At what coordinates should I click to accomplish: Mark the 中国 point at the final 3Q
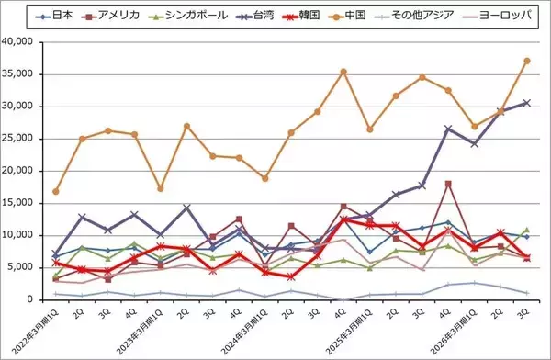(527, 61)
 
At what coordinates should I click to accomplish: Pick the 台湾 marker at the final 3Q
(527, 103)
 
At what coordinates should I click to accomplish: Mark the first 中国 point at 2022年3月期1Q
(56, 191)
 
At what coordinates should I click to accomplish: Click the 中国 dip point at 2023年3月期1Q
(161, 188)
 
